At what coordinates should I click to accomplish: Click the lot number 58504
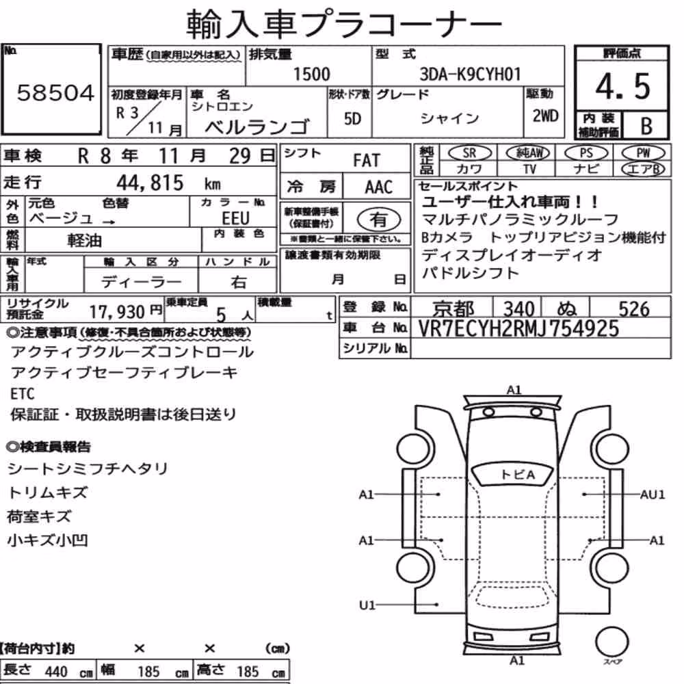click(55, 92)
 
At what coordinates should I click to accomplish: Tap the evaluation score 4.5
click(623, 86)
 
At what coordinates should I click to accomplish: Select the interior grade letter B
click(646, 126)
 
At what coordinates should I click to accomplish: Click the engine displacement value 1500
click(311, 74)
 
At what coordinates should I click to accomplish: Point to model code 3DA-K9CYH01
click(471, 74)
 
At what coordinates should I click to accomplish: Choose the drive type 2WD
click(545, 116)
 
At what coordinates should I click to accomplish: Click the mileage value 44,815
click(150, 183)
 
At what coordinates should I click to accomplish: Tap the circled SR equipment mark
click(469, 153)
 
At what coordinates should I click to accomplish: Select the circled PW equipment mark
click(643, 153)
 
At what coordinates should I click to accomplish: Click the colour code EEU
click(235, 218)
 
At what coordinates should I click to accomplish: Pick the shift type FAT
click(367, 161)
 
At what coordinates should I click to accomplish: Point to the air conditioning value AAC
click(379, 187)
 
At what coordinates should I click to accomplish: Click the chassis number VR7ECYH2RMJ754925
click(518, 328)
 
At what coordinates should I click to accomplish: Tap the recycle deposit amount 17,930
click(117, 312)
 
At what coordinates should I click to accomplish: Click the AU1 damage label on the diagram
click(653, 495)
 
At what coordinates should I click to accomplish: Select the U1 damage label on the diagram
click(367, 605)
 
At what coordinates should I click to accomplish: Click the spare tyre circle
click(611, 642)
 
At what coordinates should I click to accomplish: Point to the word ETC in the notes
click(23, 394)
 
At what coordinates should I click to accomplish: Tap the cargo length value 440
click(56, 672)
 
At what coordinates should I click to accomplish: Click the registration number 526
click(634, 309)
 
